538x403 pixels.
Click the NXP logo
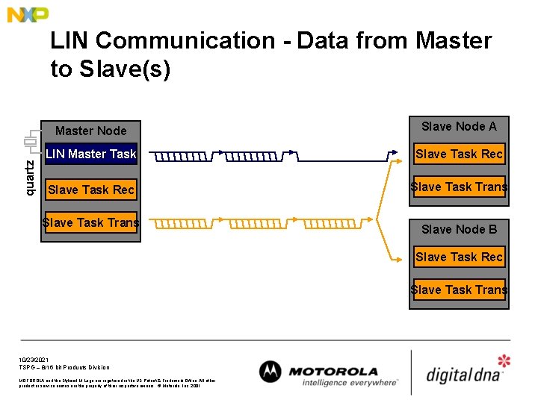tap(28, 14)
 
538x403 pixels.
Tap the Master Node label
tap(90, 131)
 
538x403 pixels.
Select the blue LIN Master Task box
tap(91, 154)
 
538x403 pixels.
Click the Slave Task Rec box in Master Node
tap(91, 190)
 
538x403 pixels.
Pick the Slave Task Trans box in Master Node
tap(91, 222)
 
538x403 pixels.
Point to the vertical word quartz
tap(30, 178)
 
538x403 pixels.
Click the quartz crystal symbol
tap(30, 141)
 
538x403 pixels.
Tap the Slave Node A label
tap(459, 126)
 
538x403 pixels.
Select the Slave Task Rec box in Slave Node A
tap(459, 154)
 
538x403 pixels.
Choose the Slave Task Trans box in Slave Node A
tap(459, 187)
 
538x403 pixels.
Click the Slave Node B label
tap(459, 229)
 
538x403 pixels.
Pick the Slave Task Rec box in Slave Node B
tap(459, 257)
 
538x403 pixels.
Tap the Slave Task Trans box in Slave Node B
tap(459, 290)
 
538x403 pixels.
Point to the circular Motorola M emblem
tap(270, 372)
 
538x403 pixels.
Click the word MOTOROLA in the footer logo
tap(333, 371)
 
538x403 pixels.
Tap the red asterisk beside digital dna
tap(504, 362)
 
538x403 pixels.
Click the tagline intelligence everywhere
tap(350, 383)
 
